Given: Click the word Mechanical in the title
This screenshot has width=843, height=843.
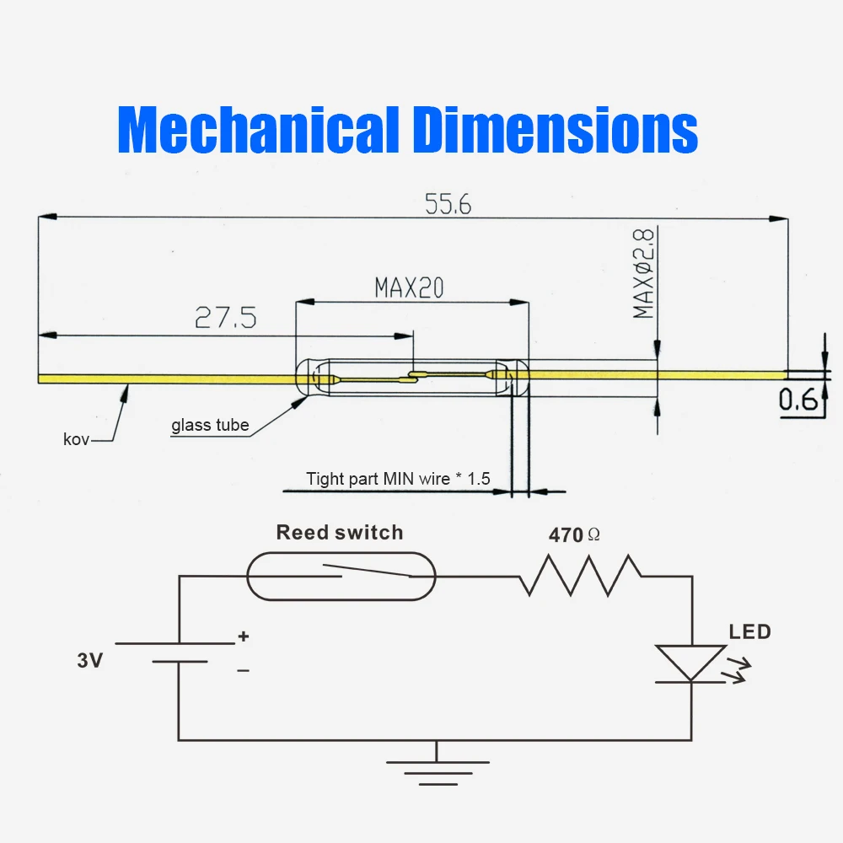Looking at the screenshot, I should tap(259, 130).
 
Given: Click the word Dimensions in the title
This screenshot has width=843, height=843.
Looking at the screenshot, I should tap(556, 130).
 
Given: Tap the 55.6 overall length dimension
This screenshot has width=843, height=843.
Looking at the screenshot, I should tap(448, 204).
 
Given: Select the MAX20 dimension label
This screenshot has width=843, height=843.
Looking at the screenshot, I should tap(409, 288).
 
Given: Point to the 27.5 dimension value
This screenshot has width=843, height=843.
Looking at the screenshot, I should tap(226, 318).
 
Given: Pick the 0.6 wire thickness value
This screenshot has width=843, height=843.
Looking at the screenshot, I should tap(798, 401).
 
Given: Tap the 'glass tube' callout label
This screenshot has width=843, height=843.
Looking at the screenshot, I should tap(210, 425).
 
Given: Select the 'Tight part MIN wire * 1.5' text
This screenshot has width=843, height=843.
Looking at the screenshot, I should tap(398, 479).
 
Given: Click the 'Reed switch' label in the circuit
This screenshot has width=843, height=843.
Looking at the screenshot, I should tap(340, 533).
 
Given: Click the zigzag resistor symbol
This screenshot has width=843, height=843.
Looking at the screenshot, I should tap(581, 576).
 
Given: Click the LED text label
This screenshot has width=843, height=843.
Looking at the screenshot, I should tap(749, 631).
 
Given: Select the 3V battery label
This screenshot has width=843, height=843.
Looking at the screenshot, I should tap(89, 661).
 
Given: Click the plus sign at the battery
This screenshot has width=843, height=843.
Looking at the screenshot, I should tap(244, 637).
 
